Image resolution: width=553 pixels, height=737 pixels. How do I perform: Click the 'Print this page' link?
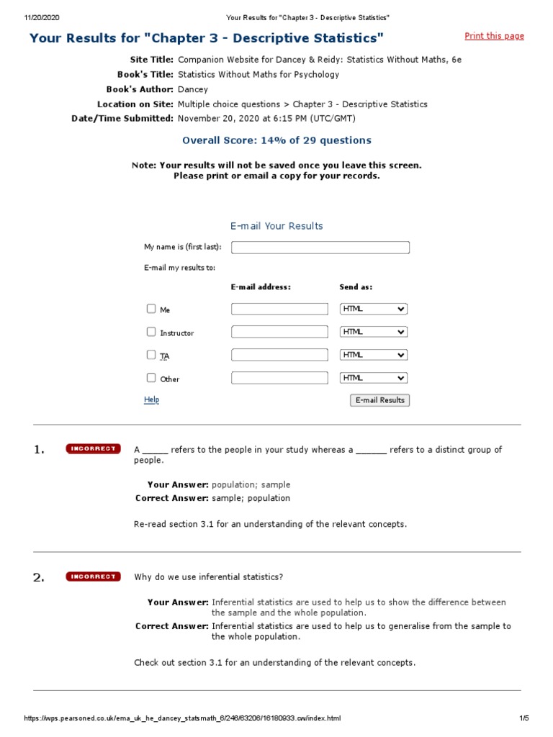pos(494,36)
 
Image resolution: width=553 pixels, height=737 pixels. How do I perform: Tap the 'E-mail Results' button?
pos(380,400)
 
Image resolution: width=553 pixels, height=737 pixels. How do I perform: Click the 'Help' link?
pos(151,400)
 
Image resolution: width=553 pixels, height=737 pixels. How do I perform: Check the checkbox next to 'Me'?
pos(151,309)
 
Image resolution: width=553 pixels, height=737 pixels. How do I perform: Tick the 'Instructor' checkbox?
pos(151,332)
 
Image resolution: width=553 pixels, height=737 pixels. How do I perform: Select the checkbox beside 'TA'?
pos(151,355)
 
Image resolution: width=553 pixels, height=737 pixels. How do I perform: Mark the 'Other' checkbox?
pos(151,378)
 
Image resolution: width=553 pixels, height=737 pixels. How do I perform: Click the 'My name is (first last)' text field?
pos(320,248)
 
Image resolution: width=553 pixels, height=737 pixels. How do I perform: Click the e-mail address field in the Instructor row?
pos(279,332)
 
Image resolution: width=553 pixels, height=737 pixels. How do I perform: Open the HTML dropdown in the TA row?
pos(373,355)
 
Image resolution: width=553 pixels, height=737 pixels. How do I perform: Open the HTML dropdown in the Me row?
pos(373,309)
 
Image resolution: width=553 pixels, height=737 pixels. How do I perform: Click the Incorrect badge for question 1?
pos(93,449)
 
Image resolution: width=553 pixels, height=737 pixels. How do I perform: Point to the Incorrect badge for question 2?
pos(93,577)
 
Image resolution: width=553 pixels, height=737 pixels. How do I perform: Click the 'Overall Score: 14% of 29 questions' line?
pos(276,140)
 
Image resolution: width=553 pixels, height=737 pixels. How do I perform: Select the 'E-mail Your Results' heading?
pos(276,226)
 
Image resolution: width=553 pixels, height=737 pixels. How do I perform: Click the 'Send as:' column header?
pos(356,287)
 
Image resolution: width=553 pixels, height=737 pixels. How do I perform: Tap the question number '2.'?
pos(39,577)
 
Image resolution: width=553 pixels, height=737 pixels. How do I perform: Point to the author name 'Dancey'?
pos(193,89)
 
